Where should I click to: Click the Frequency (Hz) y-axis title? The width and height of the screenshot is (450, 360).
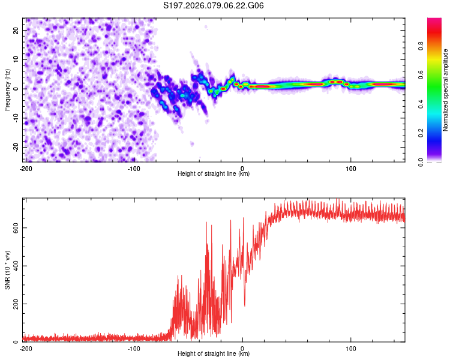7,89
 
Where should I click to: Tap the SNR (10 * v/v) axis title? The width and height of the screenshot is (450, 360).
7,270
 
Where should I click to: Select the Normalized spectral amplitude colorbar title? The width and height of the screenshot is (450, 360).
446,89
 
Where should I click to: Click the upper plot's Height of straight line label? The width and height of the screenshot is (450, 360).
214,174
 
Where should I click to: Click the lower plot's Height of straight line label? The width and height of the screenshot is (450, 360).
214,354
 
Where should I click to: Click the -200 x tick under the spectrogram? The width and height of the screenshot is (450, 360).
26,168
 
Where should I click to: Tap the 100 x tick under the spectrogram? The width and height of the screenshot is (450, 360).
350,168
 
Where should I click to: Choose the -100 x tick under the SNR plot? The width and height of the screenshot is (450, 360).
134,348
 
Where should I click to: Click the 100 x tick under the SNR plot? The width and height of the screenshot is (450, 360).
350,348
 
